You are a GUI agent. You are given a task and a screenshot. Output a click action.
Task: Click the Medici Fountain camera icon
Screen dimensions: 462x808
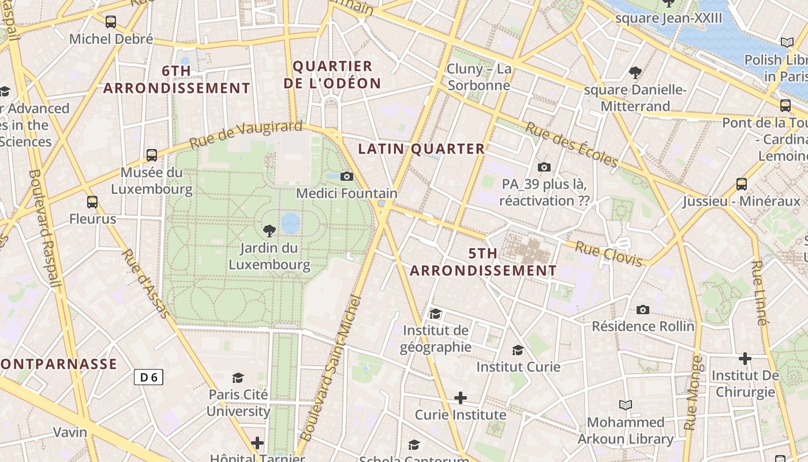click(346, 176)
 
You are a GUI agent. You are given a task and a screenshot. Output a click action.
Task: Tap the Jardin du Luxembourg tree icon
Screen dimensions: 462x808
click(269, 231)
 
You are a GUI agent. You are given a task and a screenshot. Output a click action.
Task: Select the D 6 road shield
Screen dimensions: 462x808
click(148, 377)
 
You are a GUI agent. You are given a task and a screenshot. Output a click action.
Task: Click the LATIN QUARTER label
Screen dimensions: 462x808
click(421, 149)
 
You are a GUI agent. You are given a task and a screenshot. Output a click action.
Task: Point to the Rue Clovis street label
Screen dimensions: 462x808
click(608, 254)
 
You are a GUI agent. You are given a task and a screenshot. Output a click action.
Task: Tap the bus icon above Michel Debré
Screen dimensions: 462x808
click(110, 22)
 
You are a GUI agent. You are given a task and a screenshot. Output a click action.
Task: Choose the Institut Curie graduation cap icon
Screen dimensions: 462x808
click(518, 350)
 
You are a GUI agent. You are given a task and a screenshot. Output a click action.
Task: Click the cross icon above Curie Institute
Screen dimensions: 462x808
click(460, 398)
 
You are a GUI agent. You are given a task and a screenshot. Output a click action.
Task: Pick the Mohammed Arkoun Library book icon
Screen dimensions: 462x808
click(625, 405)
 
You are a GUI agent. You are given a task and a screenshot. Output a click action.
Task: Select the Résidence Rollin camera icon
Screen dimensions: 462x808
click(642, 310)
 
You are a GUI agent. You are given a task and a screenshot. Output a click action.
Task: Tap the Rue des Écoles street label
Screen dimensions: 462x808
click(571, 144)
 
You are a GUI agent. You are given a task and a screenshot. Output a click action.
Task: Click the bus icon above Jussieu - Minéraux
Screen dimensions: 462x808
click(742, 184)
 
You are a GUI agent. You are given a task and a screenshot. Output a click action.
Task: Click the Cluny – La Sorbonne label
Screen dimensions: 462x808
click(479, 77)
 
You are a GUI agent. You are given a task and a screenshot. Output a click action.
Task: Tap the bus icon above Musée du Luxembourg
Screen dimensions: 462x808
click(152, 155)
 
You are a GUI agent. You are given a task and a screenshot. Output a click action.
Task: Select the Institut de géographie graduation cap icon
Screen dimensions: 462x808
click(435, 314)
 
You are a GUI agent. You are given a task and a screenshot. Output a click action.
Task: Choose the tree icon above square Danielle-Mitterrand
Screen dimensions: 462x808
click(635, 73)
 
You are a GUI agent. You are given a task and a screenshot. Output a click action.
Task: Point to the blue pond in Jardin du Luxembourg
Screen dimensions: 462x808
click(290, 222)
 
